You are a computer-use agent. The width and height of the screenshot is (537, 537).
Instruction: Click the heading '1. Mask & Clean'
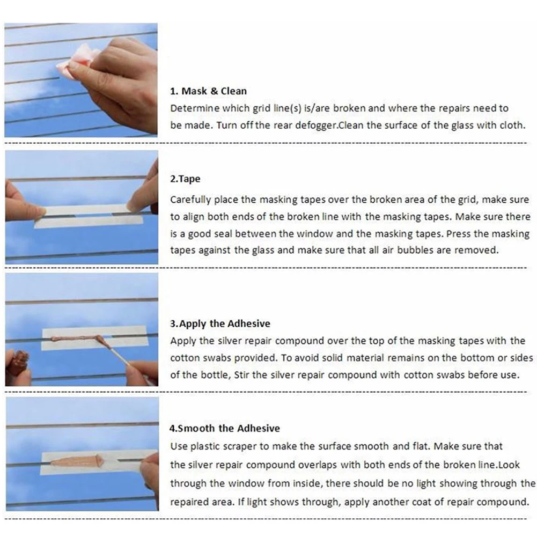tap(208, 91)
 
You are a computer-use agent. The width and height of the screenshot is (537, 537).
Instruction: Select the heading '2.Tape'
tap(185, 179)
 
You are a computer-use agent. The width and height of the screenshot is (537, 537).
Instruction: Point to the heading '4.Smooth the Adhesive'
tap(225, 428)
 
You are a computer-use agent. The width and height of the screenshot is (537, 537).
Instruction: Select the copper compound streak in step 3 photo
tap(75, 339)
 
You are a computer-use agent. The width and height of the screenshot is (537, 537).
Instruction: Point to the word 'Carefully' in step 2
tap(191, 200)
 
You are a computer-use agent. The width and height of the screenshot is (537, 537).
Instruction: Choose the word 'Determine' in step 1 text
tap(195, 108)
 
